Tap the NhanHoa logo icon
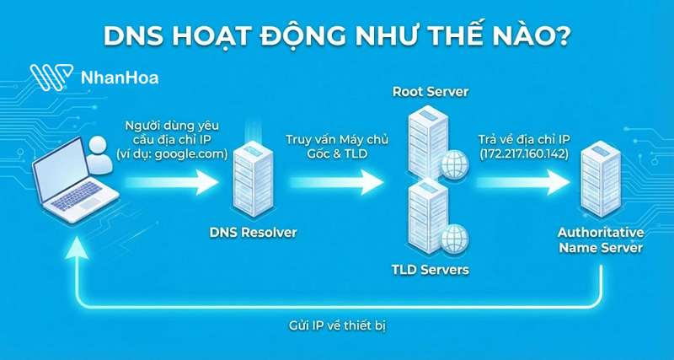51,77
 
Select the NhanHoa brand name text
119,78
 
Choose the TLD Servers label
430,271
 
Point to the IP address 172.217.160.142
523,154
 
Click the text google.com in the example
193,154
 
